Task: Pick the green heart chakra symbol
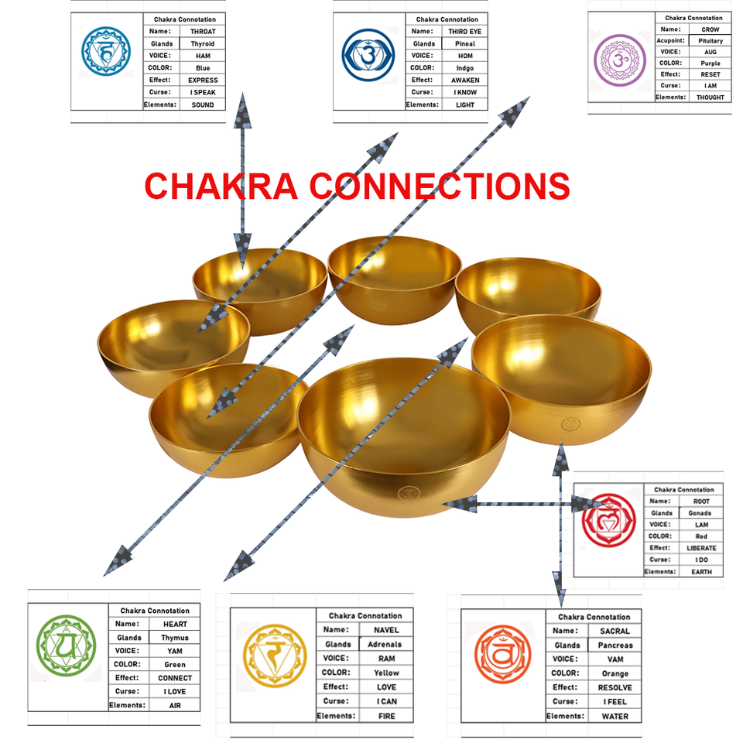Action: (x=67, y=641)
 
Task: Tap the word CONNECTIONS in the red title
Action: (x=440, y=187)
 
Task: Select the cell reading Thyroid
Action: (x=203, y=44)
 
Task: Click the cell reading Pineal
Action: (x=465, y=44)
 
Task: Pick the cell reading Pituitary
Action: (x=710, y=40)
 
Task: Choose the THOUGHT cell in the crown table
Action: (x=710, y=98)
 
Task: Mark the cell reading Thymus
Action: (x=175, y=638)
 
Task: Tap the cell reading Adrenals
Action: (x=385, y=644)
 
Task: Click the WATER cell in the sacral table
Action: (x=615, y=716)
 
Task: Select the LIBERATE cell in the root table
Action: (x=701, y=548)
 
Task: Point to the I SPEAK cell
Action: (x=203, y=92)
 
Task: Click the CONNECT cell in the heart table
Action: (x=175, y=678)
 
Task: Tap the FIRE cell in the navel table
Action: (x=385, y=716)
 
